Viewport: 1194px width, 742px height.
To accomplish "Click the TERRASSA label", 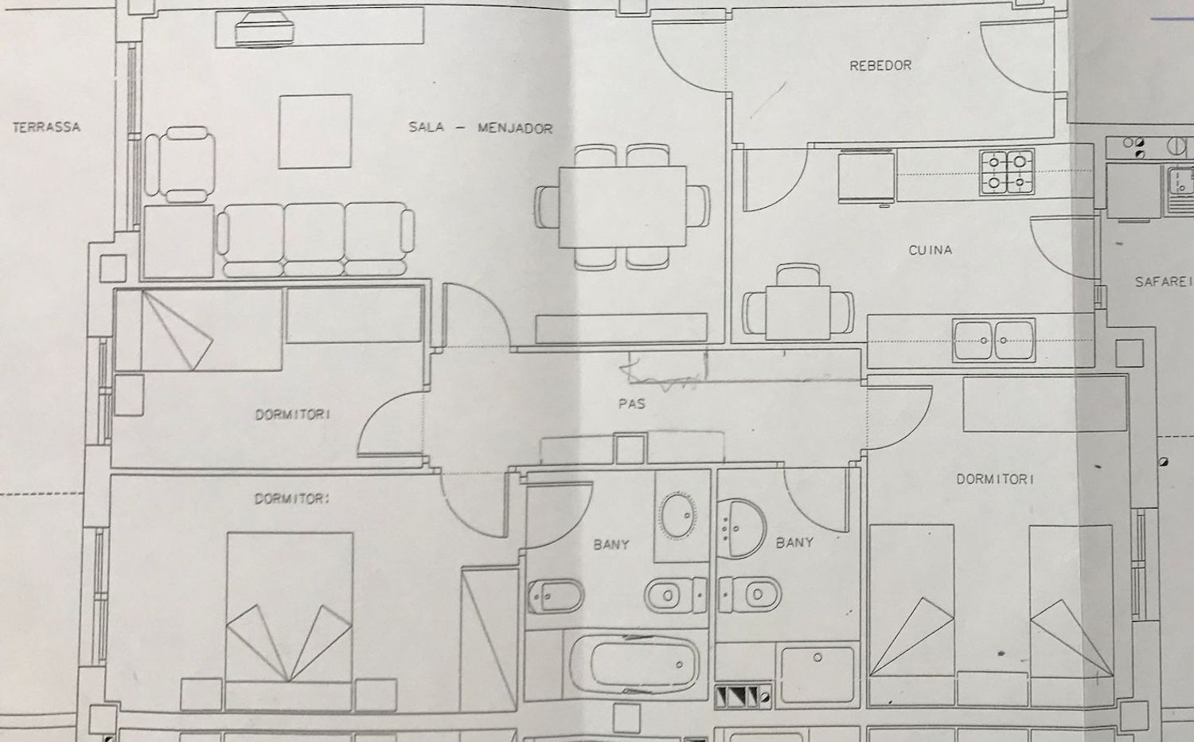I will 47,127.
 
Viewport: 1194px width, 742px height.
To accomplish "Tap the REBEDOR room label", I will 880,65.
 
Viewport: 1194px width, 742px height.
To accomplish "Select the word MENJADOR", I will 514,127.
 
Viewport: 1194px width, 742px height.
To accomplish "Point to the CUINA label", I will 930,250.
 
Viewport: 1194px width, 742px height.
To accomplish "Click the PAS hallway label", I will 631,404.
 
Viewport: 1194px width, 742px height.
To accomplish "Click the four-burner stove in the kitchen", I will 1007,172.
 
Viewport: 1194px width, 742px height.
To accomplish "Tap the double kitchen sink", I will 994,340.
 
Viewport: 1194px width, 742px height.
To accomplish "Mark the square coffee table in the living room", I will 315,131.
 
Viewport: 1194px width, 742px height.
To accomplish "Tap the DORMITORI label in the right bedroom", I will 994,479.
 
